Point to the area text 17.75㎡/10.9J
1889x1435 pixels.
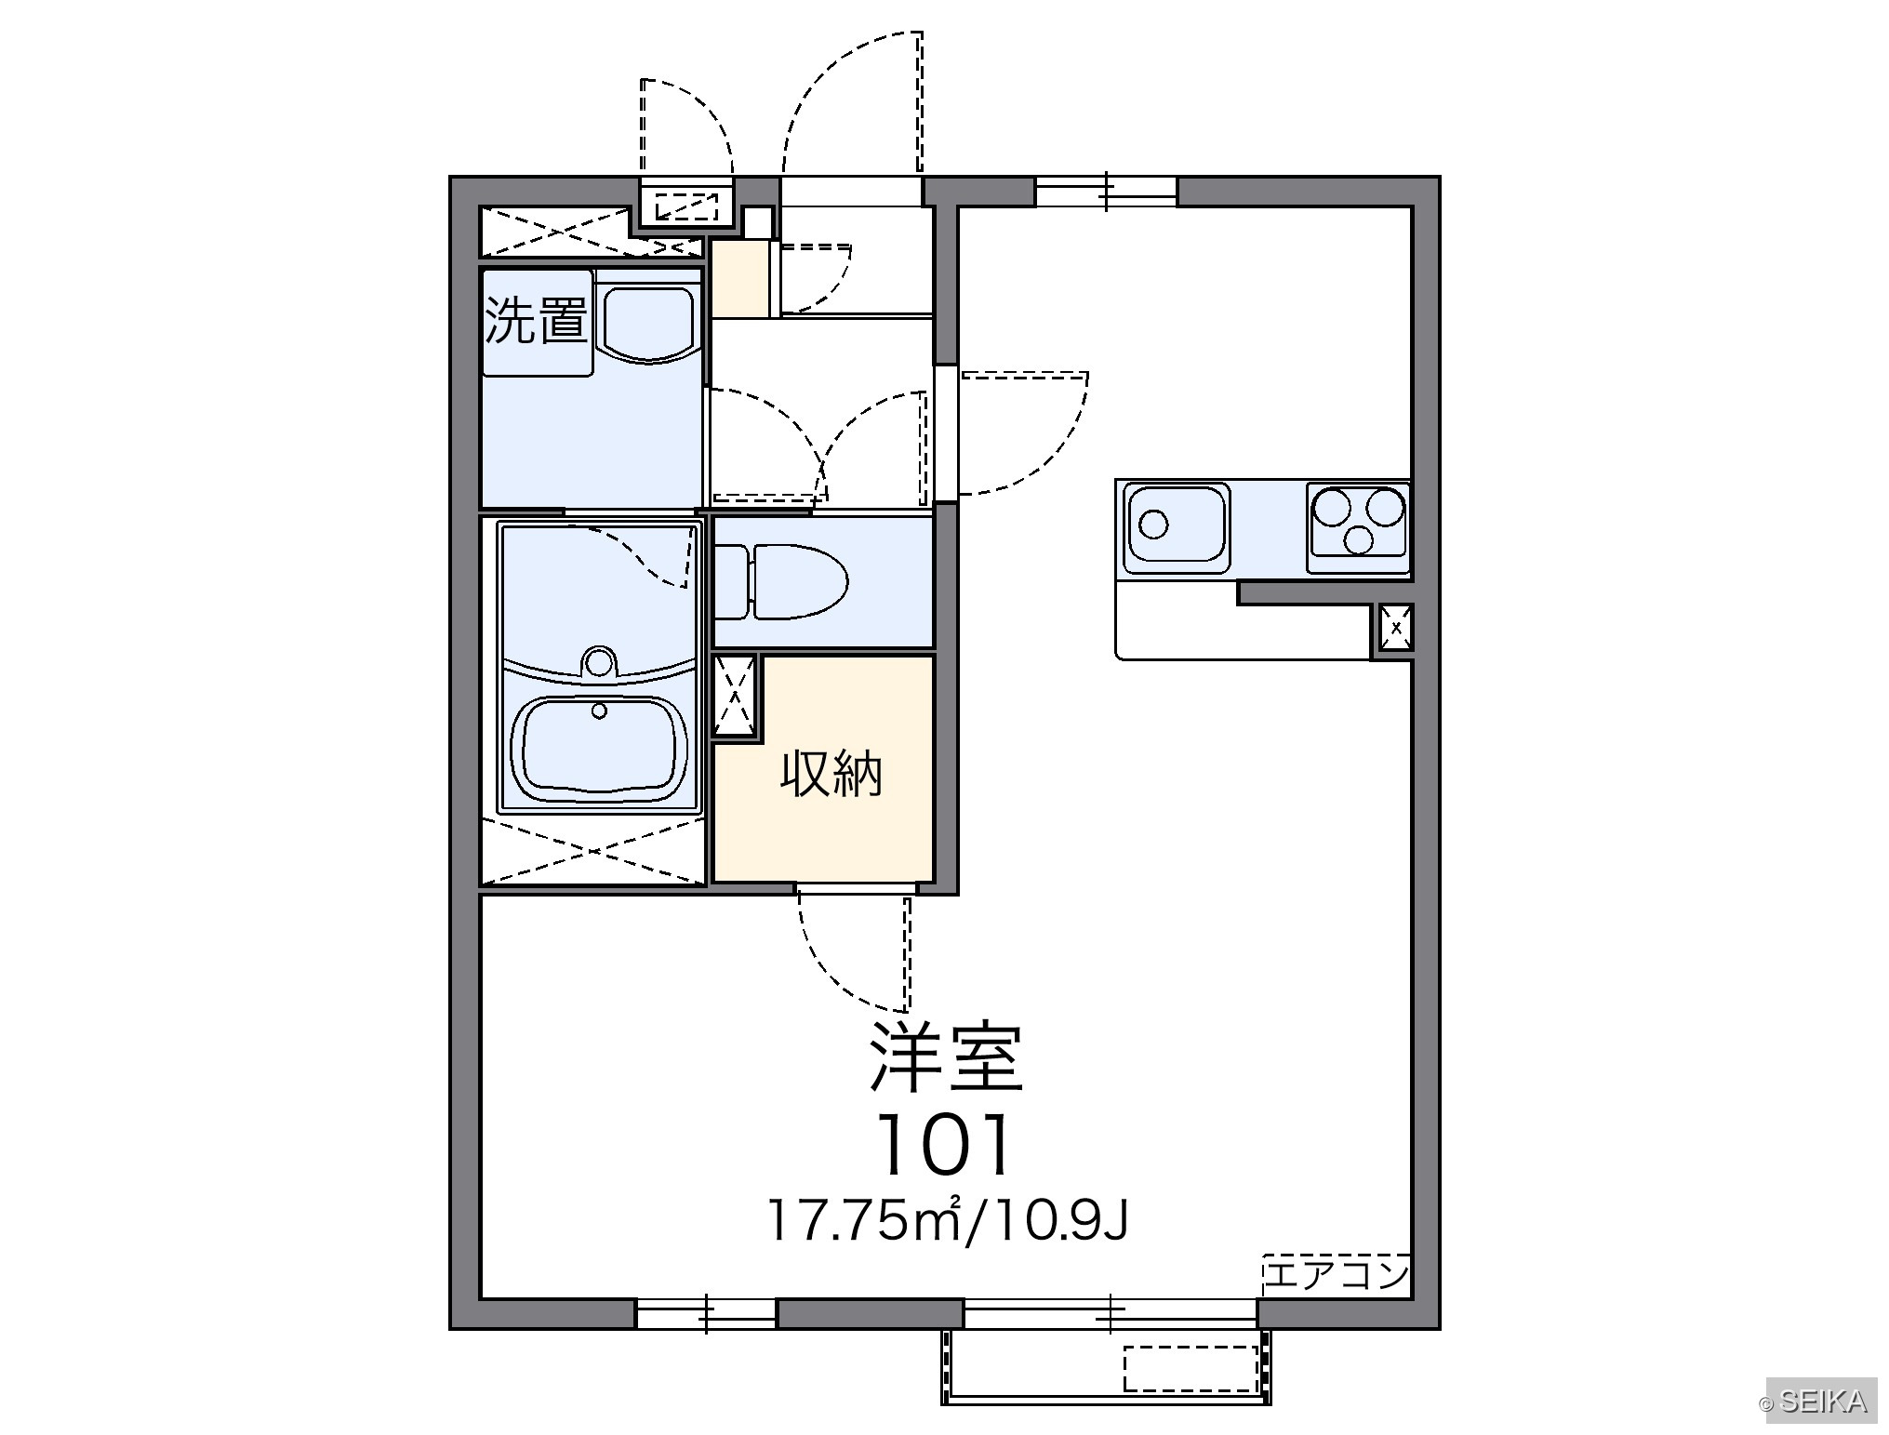pyautogui.click(x=947, y=1221)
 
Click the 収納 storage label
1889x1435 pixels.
pyautogui.click(x=831, y=773)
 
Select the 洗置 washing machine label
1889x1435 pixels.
pyautogui.click(x=536, y=321)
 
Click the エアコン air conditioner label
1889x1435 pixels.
pyautogui.click(x=1337, y=1274)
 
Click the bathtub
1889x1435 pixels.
pyautogui.click(x=599, y=749)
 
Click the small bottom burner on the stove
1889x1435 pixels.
pyautogui.click(x=1359, y=539)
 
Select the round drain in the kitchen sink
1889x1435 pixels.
pyautogui.click(x=1153, y=524)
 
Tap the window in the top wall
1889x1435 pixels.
pyautogui.click(x=1106, y=192)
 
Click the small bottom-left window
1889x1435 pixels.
pyautogui.click(x=706, y=1313)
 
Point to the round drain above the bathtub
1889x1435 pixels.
pyautogui.click(x=599, y=662)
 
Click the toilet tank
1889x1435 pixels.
pyautogui.click(x=731, y=582)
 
